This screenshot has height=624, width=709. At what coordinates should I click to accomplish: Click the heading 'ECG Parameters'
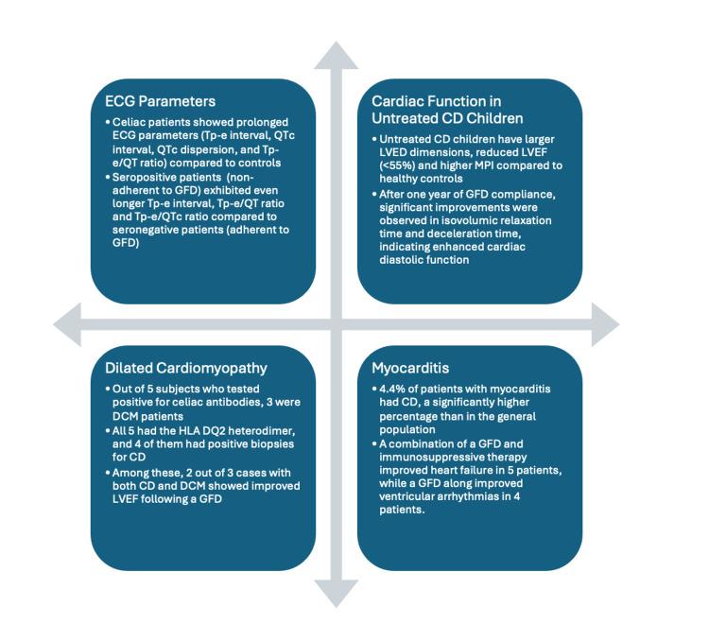click(x=162, y=101)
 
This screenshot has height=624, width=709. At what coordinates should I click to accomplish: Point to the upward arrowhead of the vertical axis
click(x=337, y=57)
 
